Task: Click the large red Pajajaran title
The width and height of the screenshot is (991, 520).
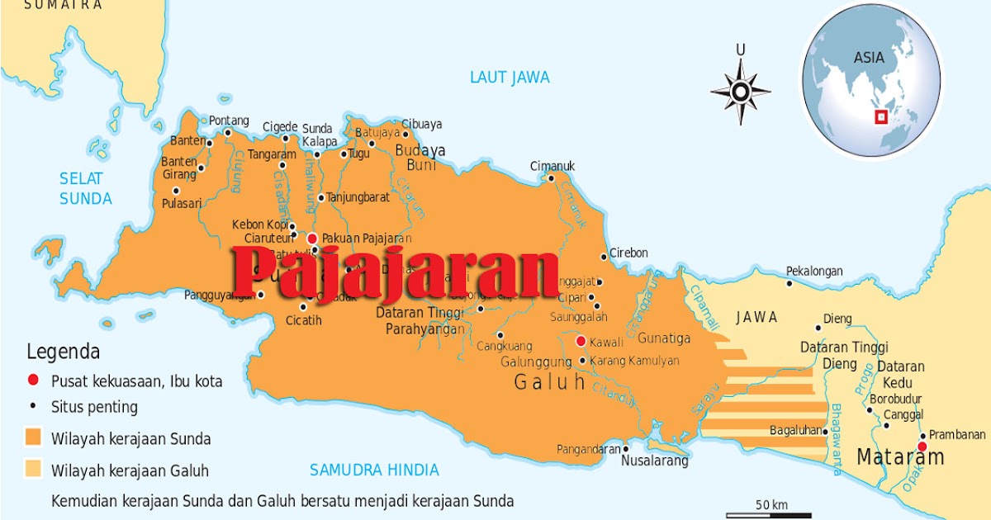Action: coord(395,272)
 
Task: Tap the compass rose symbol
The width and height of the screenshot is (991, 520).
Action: coord(741,91)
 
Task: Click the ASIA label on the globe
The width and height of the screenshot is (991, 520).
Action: coord(868,58)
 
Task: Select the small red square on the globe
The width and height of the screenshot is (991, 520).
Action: coord(881,117)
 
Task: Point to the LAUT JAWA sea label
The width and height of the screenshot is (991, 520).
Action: coord(510,78)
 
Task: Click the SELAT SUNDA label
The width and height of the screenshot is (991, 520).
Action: coord(85,188)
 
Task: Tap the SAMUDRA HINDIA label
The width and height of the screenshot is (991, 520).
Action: coord(374,470)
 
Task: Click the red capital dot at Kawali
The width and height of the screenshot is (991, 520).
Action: coord(581,341)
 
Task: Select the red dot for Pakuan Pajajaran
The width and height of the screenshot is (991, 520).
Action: coord(312,238)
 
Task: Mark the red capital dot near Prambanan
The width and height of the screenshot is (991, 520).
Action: coord(922,447)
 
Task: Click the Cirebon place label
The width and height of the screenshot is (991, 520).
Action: coord(628,253)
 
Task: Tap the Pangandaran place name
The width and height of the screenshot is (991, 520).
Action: coord(588,449)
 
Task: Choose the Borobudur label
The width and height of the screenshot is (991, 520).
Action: coord(895,399)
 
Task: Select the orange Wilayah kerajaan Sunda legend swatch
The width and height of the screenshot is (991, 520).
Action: coord(34,437)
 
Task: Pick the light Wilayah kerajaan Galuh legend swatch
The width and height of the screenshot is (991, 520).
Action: coord(34,470)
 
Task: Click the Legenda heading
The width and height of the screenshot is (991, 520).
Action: coord(64,352)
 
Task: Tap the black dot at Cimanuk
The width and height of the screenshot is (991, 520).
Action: coord(551,178)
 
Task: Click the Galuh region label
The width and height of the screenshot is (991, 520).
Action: coord(549,382)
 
